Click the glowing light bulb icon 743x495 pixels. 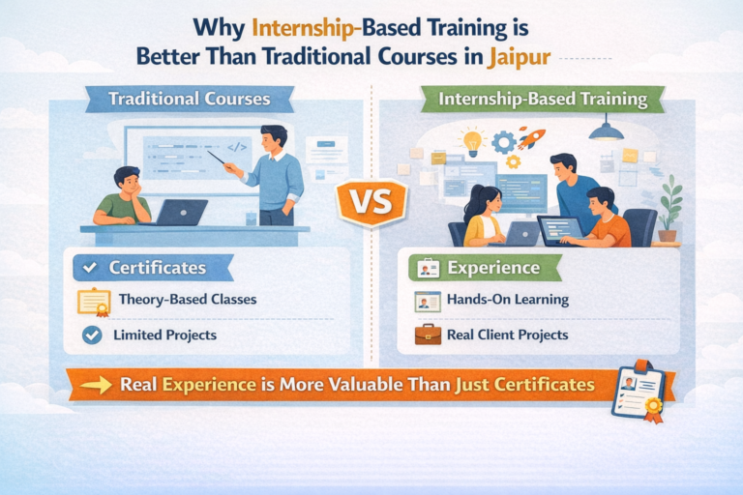(473, 142)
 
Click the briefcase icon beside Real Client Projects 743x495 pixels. (427, 335)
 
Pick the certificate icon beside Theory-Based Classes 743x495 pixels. (94, 301)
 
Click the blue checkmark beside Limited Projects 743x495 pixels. (93, 335)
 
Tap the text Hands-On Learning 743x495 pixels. (507, 300)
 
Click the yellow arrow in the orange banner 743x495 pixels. (97, 385)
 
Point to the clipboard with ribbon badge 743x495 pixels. (638, 391)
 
